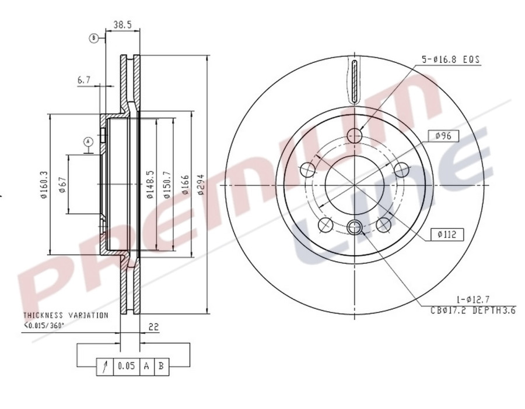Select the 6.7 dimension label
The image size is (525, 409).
[84, 80]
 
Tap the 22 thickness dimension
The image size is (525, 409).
[154, 327]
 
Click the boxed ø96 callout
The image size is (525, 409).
[444, 136]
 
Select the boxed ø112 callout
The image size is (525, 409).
[447, 234]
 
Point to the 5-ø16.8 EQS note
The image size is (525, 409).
[446, 59]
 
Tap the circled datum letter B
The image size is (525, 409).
[93, 38]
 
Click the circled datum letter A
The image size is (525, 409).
[88, 142]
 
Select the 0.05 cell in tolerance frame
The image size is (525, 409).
[126, 366]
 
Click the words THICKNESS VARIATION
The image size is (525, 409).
[65, 315]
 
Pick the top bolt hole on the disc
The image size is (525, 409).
[354, 136]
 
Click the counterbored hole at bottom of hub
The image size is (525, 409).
[354, 227]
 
